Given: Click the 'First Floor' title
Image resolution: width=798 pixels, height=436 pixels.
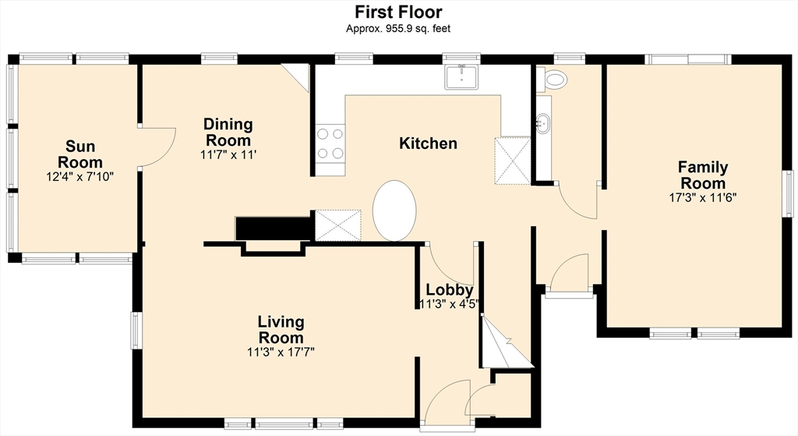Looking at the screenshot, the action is click(398, 11).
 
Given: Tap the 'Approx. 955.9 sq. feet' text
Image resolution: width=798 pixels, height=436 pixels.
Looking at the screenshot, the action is click(398, 29).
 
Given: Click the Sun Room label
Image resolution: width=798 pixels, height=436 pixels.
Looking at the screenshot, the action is click(80, 154).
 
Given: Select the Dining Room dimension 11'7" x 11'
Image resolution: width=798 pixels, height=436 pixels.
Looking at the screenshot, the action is click(228, 155).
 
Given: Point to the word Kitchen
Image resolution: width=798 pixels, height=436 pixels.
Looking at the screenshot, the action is click(428, 144).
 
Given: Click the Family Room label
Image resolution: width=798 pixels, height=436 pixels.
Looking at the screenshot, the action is click(703, 175).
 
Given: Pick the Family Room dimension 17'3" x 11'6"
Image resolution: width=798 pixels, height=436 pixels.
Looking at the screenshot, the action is click(703, 197).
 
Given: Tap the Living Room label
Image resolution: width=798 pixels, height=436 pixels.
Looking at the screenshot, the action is click(281, 330).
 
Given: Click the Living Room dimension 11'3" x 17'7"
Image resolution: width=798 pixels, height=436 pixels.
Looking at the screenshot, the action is click(281, 352).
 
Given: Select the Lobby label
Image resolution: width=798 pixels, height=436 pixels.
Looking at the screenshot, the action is click(450, 290).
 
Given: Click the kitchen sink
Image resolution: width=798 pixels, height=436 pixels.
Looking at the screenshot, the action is click(461, 77).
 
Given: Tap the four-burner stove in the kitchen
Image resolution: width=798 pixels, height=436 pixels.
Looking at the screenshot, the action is click(330, 144).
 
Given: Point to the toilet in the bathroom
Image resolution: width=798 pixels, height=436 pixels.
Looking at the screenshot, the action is click(552, 79).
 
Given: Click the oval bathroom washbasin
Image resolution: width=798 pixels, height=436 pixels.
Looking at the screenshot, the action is click(543, 123).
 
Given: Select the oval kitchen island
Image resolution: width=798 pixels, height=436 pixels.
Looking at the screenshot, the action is click(394, 211).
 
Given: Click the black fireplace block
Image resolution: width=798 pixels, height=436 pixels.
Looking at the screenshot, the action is click(274, 229).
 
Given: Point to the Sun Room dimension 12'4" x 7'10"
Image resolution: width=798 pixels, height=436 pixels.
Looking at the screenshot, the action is click(80, 177).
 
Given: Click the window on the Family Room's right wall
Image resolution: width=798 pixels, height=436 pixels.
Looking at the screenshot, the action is click(789, 194).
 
